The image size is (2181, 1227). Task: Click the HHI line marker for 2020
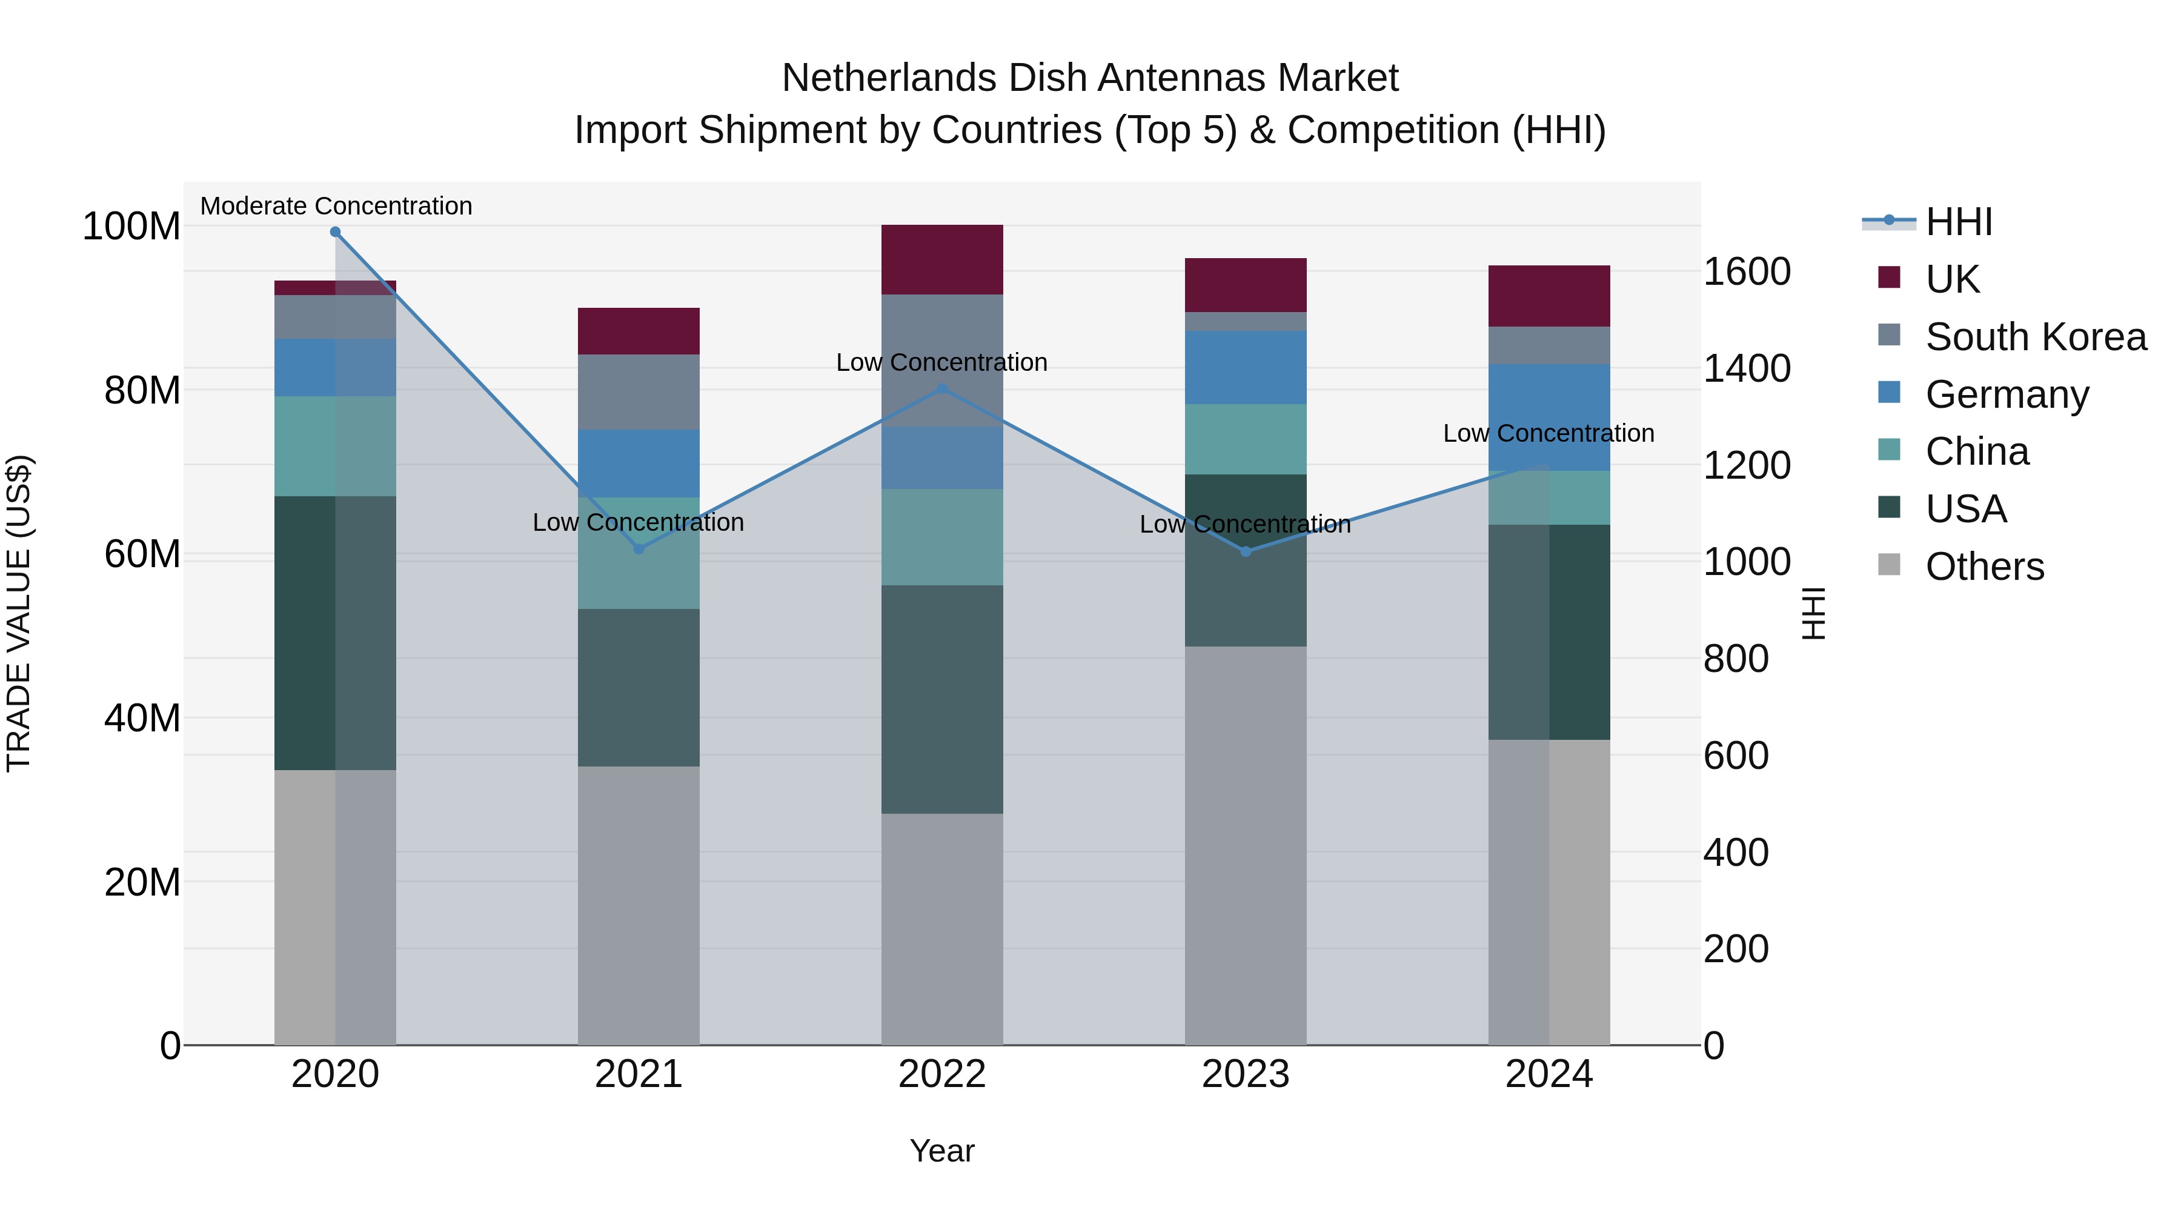(335, 232)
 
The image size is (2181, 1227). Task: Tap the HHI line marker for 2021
(639, 550)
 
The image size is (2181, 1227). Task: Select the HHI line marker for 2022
(942, 388)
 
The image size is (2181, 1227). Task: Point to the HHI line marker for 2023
(1246, 552)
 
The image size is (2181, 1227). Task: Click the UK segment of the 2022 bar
(942, 260)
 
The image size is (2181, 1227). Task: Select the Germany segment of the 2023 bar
(1246, 368)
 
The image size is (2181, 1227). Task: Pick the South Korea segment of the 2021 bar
(639, 392)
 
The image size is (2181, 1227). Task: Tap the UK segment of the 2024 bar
(1549, 296)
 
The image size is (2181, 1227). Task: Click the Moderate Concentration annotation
(336, 207)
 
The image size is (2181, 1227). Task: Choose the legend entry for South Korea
(2036, 337)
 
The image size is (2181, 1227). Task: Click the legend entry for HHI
(1958, 222)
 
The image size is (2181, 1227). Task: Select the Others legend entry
(1983, 567)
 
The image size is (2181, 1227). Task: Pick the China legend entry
(1976, 452)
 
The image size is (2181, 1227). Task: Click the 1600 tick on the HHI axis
(1746, 272)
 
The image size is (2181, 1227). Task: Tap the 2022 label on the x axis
(942, 1074)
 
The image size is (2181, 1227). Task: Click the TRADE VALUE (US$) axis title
(19, 613)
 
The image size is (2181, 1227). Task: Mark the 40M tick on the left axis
(142, 718)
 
